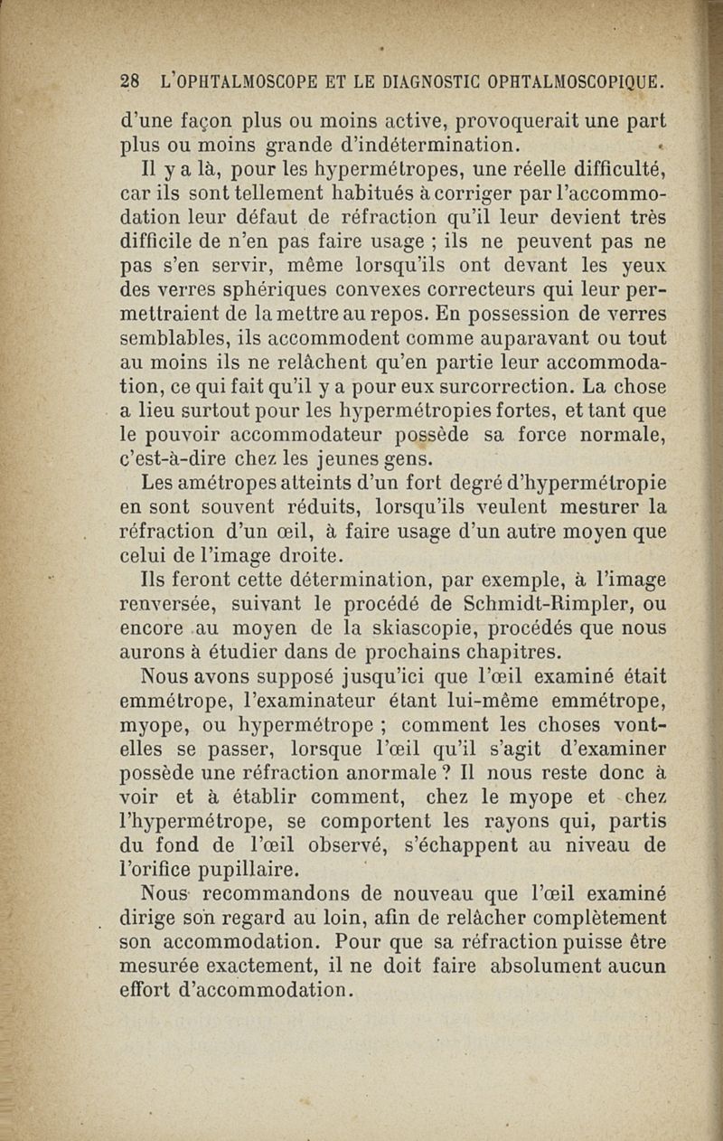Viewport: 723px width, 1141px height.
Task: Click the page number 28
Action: tap(130, 81)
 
